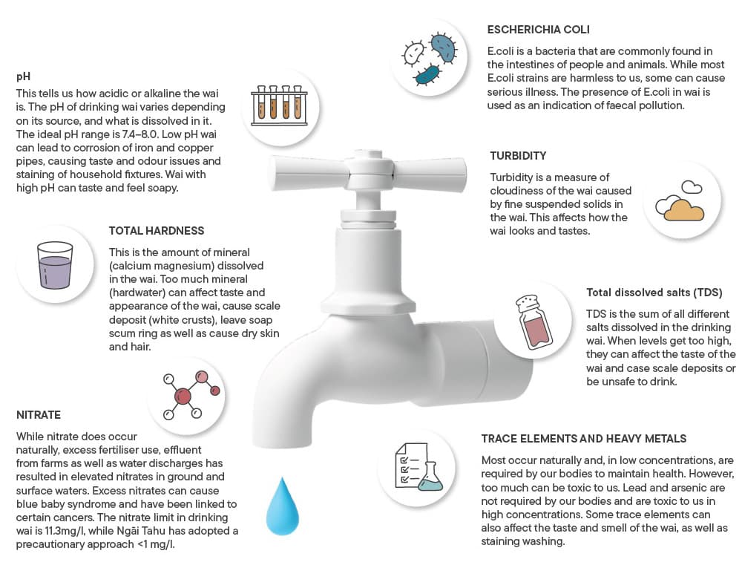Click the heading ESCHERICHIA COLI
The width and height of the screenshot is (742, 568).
point(539,30)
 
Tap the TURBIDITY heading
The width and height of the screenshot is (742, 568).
point(518,156)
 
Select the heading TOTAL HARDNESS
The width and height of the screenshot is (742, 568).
point(157,231)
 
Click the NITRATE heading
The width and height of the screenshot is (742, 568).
point(39,414)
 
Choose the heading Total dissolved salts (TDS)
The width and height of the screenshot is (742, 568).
point(654,292)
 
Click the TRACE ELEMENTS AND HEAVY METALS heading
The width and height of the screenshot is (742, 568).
point(584,439)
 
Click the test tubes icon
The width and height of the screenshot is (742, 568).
point(279,103)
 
